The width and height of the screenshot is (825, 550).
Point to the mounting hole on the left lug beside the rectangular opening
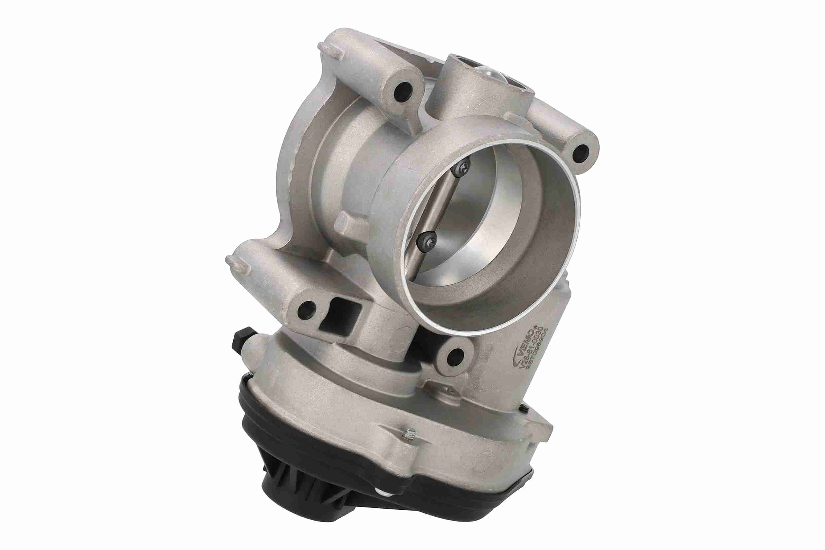point(307,309)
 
